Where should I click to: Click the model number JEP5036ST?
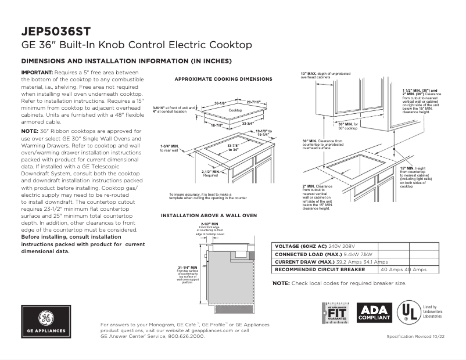pyautogui.click(x=55, y=30)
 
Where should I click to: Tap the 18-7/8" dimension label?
pyautogui.click(x=218, y=125)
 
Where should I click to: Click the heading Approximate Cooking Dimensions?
pyautogui.click(x=224, y=79)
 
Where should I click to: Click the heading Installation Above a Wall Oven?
pyautogui.click(x=209, y=215)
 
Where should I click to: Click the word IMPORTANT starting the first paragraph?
pyautogui.click(x=37, y=72)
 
